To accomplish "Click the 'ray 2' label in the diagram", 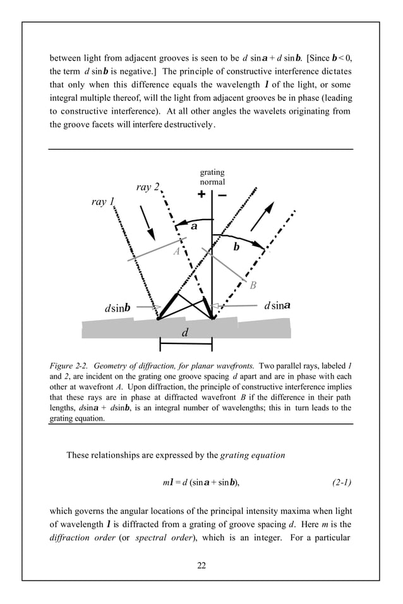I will pyautogui.click(x=148, y=187).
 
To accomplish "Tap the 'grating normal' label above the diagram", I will pyautogui.click(x=212, y=177).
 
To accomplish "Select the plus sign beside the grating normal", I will pyautogui.click(x=201, y=195).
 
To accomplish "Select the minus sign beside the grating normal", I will pyautogui.click(x=222, y=195).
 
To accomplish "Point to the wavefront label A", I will pyautogui.click(x=177, y=251).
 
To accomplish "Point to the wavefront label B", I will pyautogui.click(x=253, y=285).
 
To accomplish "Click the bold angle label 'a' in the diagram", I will pyautogui.click(x=194, y=225).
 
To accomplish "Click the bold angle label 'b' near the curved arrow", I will pyautogui.click(x=236, y=248).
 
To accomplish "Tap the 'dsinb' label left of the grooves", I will pyautogui.click(x=117, y=308).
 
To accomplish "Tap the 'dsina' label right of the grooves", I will pyautogui.click(x=277, y=305).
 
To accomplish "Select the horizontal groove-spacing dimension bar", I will pyautogui.click(x=186, y=345).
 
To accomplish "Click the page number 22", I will pyautogui.click(x=201, y=565).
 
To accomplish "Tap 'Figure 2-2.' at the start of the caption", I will pyautogui.click(x=71, y=365).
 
